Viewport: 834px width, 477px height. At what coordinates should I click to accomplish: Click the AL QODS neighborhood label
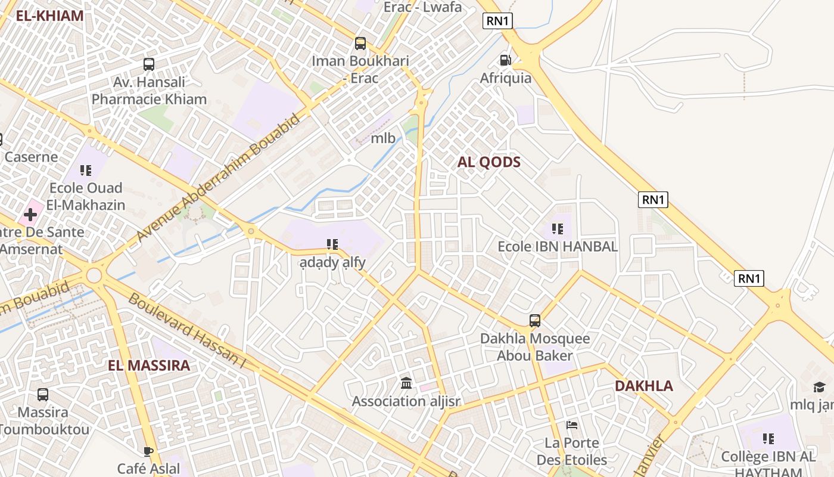pos(489,162)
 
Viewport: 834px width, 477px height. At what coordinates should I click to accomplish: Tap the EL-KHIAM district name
pos(49,16)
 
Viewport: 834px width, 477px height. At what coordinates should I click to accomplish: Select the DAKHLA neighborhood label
pos(644,386)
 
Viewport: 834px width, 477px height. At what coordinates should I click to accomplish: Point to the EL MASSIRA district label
pos(149,366)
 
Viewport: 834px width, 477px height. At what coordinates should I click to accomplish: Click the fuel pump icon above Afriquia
pos(505,60)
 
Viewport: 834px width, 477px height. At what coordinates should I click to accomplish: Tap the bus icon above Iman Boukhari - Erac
pos(360,43)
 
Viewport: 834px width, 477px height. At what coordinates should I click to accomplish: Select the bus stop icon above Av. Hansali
pos(149,64)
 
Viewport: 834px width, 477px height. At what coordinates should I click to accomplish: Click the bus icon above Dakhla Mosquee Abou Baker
pos(535,321)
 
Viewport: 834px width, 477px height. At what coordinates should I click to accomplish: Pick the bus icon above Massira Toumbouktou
pos(43,394)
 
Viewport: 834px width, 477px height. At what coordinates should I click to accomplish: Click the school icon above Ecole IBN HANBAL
pos(558,228)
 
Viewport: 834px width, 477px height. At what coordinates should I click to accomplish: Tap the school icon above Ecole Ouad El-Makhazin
pos(86,171)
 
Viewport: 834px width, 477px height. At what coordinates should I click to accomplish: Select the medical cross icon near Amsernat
pos(30,213)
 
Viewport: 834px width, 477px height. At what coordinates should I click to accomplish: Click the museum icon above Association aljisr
pos(406,383)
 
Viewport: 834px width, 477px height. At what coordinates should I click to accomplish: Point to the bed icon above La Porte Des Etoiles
pos(572,425)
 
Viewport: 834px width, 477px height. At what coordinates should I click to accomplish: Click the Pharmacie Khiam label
pos(149,99)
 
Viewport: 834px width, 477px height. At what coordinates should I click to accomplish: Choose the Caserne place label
pos(31,157)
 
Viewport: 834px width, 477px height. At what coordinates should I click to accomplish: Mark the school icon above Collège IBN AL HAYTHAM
pos(768,439)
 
